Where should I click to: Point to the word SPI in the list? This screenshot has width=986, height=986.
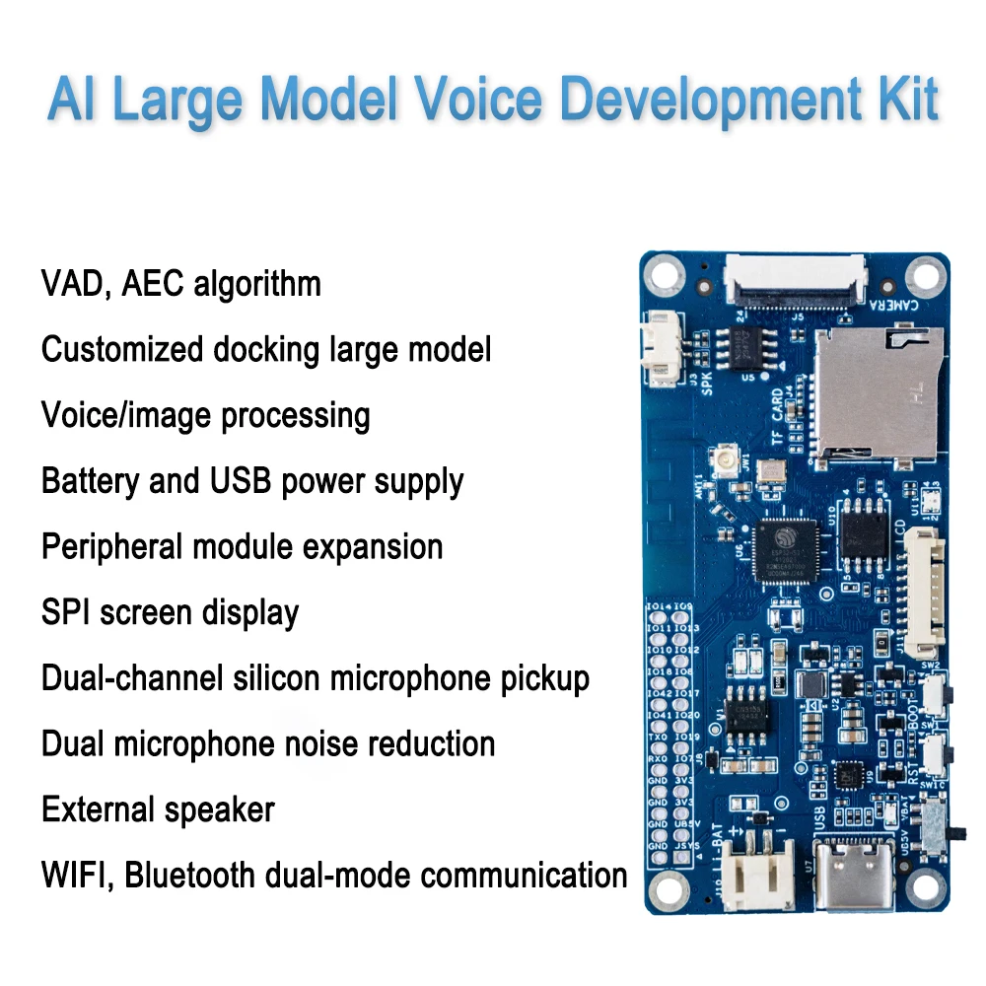coord(66,612)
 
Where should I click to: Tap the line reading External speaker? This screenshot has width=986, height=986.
coord(158,810)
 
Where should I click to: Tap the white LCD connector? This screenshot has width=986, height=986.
coord(923,592)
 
